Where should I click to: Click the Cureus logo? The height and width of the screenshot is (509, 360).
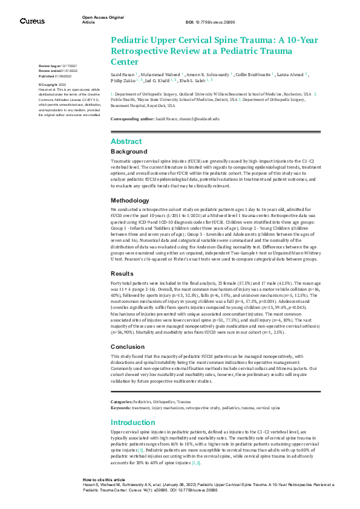(x=32, y=21)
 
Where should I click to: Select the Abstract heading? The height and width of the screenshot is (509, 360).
(x=126, y=141)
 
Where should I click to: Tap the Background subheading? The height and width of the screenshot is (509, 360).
(x=129, y=151)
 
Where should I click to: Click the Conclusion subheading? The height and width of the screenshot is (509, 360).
(x=128, y=346)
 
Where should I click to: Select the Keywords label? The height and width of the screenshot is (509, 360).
(x=120, y=407)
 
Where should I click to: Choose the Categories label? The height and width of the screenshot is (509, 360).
(x=122, y=401)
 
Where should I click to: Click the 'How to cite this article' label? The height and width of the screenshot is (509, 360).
(x=105, y=495)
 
